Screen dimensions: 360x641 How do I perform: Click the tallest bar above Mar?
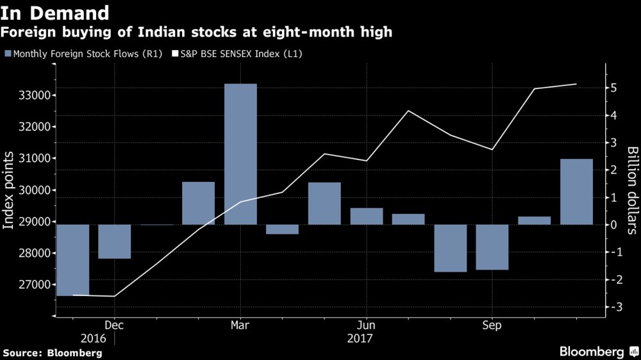(240, 154)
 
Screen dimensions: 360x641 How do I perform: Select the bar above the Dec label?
(114, 241)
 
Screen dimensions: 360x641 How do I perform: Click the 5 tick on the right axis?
(613, 88)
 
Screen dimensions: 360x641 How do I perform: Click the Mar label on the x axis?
(240, 324)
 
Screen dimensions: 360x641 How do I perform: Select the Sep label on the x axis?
(492, 324)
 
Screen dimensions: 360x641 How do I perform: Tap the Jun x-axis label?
(366, 324)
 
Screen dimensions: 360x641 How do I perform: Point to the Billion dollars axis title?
(632, 192)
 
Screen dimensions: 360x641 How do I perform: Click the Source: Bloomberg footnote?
(53, 352)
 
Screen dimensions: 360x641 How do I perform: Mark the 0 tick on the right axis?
(613, 225)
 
